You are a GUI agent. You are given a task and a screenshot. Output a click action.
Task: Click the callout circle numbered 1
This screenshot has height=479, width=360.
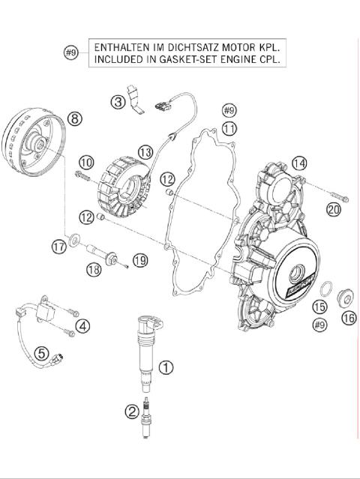[166, 367]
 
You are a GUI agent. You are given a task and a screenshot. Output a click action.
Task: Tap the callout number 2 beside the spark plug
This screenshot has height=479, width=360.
[132, 410]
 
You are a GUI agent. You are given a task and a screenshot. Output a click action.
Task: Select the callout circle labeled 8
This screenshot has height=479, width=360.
[73, 118]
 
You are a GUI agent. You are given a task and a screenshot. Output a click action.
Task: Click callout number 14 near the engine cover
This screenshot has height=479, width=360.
[299, 163]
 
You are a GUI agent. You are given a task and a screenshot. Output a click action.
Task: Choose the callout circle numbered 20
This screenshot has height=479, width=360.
[334, 209]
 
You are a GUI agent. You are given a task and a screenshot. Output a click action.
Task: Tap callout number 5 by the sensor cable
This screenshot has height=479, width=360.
[42, 352]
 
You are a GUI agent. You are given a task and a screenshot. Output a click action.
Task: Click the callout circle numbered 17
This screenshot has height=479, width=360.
[58, 247]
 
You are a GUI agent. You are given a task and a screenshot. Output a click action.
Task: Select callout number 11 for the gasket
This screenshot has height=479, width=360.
[229, 128]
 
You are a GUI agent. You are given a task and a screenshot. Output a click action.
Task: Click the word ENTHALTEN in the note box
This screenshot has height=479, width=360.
[120, 47]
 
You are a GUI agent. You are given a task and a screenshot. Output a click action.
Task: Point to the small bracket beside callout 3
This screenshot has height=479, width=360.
[136, 97]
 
